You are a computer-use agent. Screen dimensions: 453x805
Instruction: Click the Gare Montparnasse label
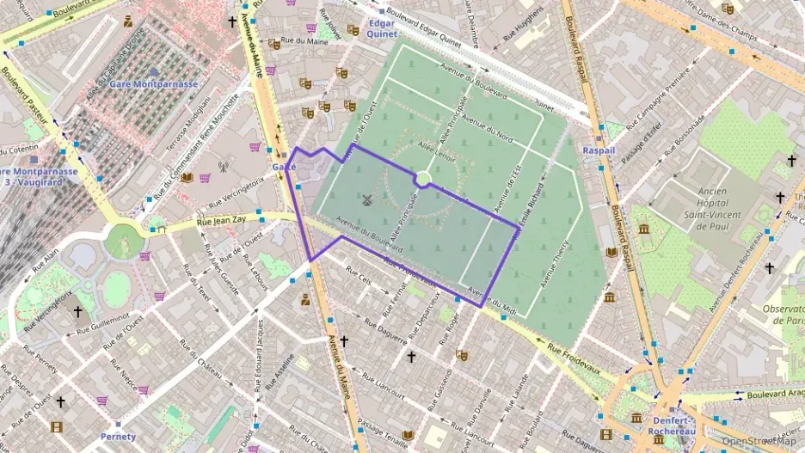click(x=153, y=84)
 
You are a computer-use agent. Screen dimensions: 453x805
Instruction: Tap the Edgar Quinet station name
click(x=381, y=29)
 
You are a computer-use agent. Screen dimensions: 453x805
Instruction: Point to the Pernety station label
click(x=118, y=436)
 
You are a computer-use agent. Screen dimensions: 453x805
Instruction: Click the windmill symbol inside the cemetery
click(x=367, y=201)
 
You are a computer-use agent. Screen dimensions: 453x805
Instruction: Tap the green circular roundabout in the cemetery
click(x=422, y=179)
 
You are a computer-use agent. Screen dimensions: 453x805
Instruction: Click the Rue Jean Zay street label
click(x=221, y=222)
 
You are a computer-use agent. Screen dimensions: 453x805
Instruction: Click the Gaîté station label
click(x=284, y=166)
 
